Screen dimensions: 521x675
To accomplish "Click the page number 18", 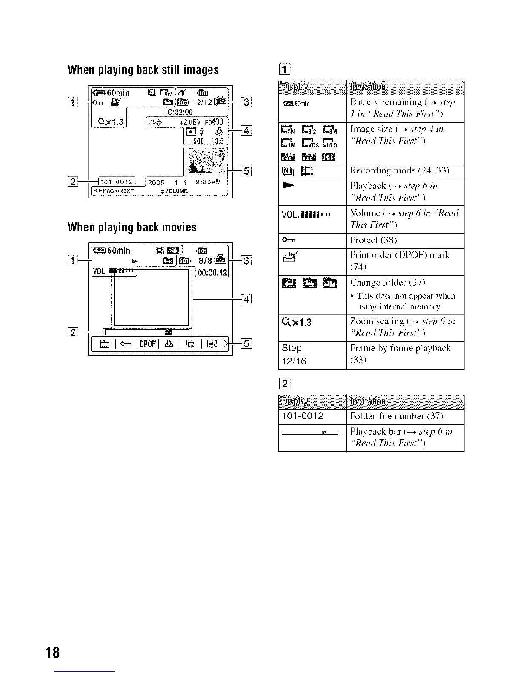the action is pyautogui.click(x=54, y=652).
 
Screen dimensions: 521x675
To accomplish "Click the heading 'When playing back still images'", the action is pyautogui.click(x=143, y=70).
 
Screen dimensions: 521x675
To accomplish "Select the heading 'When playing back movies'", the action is pyautogui.click(x=132, y=227).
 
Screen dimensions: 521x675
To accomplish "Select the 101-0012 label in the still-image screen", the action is pyautogui.click(x=116, y=182).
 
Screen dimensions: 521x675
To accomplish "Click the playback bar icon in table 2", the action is pyautogui.click(x=310, y=433).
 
